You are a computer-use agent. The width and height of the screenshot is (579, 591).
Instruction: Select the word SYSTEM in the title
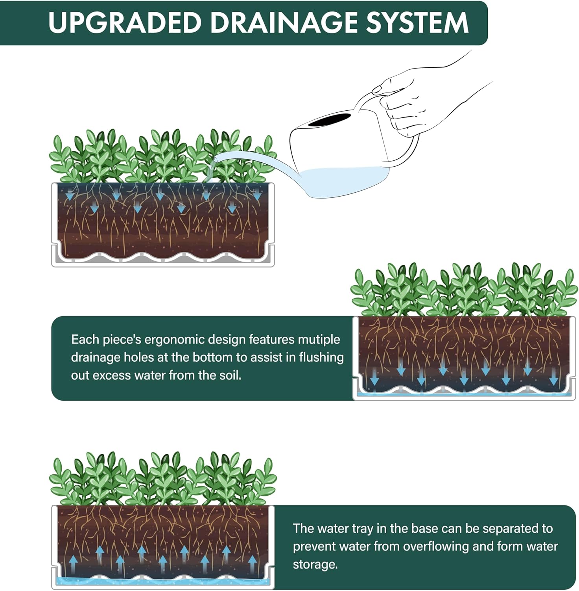pos(417,22)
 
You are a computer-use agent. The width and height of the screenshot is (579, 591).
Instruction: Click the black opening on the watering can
pos(330,119)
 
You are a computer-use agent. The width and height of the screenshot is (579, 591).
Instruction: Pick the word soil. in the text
pos(230,375)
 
